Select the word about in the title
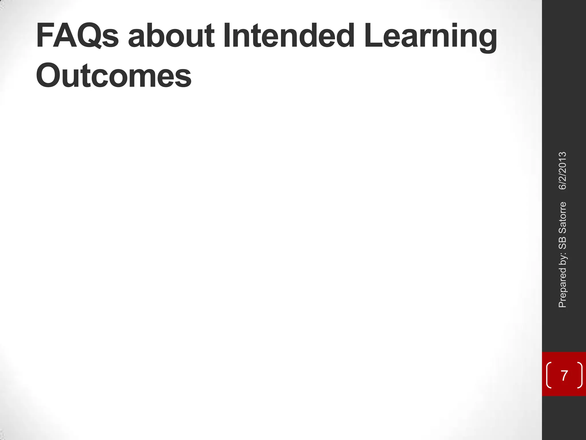[x=171, y=36]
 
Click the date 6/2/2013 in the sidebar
[x=562, y=171]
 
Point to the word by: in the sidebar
[x=562, y=260]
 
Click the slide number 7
[x=564, y=375]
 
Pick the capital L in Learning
[x=372, y=36]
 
